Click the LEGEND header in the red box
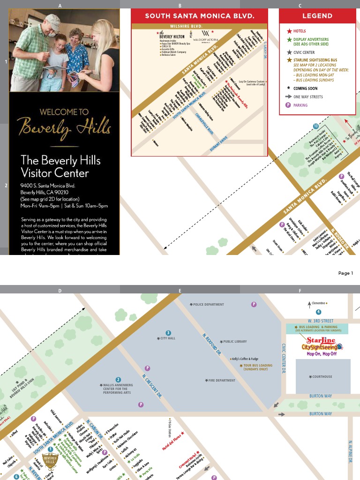point(317,15)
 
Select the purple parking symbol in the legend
point(289,105)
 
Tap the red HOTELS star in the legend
point(289,31)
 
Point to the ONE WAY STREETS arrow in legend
point(289,97)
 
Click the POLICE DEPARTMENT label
point(208,305)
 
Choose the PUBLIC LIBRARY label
point(234,342)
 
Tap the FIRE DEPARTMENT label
point(221,381)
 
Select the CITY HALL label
point(167,338)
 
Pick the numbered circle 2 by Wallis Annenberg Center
point(119,380)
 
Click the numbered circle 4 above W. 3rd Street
point(318,312)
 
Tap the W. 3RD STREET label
point(321,321)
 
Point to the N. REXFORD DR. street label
point(212,344)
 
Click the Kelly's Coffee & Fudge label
point(245,359)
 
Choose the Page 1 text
point(345,273)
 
